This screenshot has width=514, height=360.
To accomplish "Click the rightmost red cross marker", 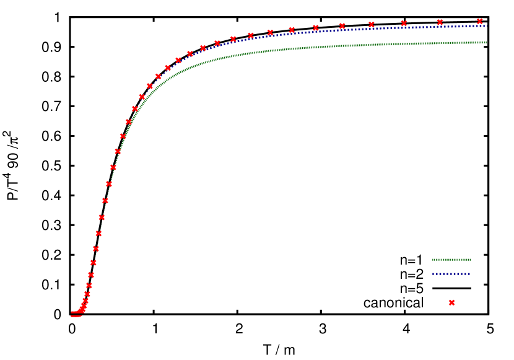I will click(480, 21).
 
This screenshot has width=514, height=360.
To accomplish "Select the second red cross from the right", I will click(440, 22).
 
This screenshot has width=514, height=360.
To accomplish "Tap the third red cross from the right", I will click(404, 24).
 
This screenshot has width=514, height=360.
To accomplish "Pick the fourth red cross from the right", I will click(372, 25).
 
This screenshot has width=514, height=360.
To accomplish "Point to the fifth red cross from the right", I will click(342, 26).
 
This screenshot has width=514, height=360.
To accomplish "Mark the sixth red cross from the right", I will click(316, 28).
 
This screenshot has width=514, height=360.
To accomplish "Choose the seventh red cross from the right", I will click(292, 30).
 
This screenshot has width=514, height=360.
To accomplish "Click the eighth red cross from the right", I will click(270, 32).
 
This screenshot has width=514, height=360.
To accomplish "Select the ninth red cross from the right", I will click(251, 35).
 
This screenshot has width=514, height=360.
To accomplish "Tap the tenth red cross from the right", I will click(233, 39).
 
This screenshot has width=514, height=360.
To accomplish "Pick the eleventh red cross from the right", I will click(217, 43).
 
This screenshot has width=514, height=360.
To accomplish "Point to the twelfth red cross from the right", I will click(203, 48).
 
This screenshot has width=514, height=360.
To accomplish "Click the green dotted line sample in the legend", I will click(451, 260).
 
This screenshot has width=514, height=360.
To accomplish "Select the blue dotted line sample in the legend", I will click(451, 273).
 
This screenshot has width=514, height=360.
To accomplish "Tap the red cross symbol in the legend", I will click(451, 303).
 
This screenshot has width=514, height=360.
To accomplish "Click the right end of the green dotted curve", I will click(486, 42).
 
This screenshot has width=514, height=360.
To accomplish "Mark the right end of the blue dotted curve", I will click(487, 25).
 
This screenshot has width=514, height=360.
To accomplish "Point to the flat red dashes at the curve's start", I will click(76, 314).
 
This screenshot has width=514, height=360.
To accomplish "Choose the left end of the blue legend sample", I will click(433, 273).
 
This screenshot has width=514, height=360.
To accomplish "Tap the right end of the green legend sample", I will click(470, 260).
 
